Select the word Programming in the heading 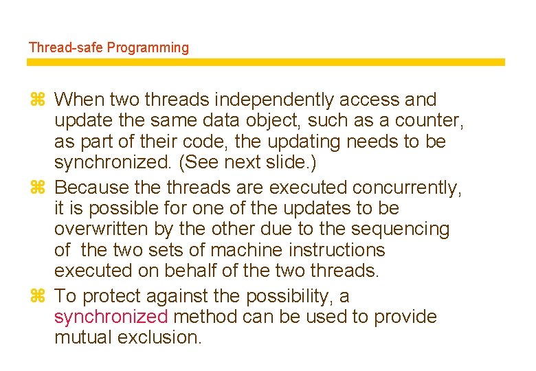[147, 48]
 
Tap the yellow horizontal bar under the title [265, 62]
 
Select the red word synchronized [111, 317]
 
